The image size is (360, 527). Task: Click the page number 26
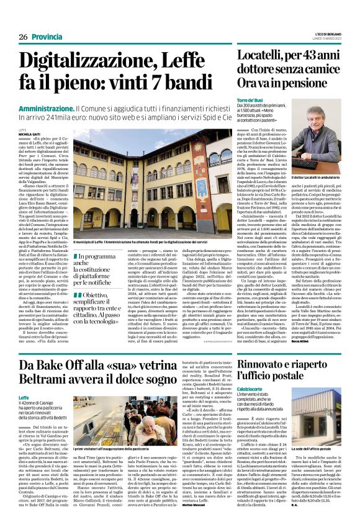click(x=24, y=37)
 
